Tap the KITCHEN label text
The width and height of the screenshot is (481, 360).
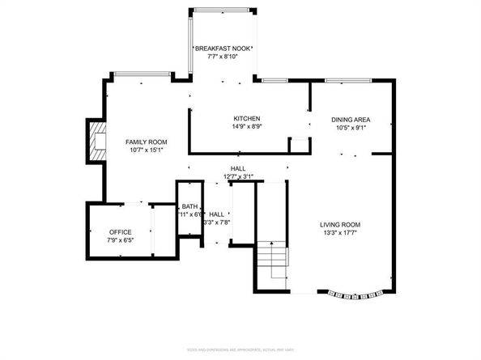tap(246, 118)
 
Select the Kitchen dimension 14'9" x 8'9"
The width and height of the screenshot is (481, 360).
tap(246, 127)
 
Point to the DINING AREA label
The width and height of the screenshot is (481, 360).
tap(350, 119)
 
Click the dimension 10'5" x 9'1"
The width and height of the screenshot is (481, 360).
tap(350, 128)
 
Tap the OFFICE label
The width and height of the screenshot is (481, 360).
tap(120, 232)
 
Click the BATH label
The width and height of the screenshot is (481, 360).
tap(189, 206)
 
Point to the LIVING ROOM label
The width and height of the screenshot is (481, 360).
tap(339, 224)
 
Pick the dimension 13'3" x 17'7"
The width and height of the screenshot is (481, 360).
tap(339, 233)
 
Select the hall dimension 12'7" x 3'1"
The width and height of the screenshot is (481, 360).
tap(237, 176)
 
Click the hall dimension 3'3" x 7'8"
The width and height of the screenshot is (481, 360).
tap(217, 222)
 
